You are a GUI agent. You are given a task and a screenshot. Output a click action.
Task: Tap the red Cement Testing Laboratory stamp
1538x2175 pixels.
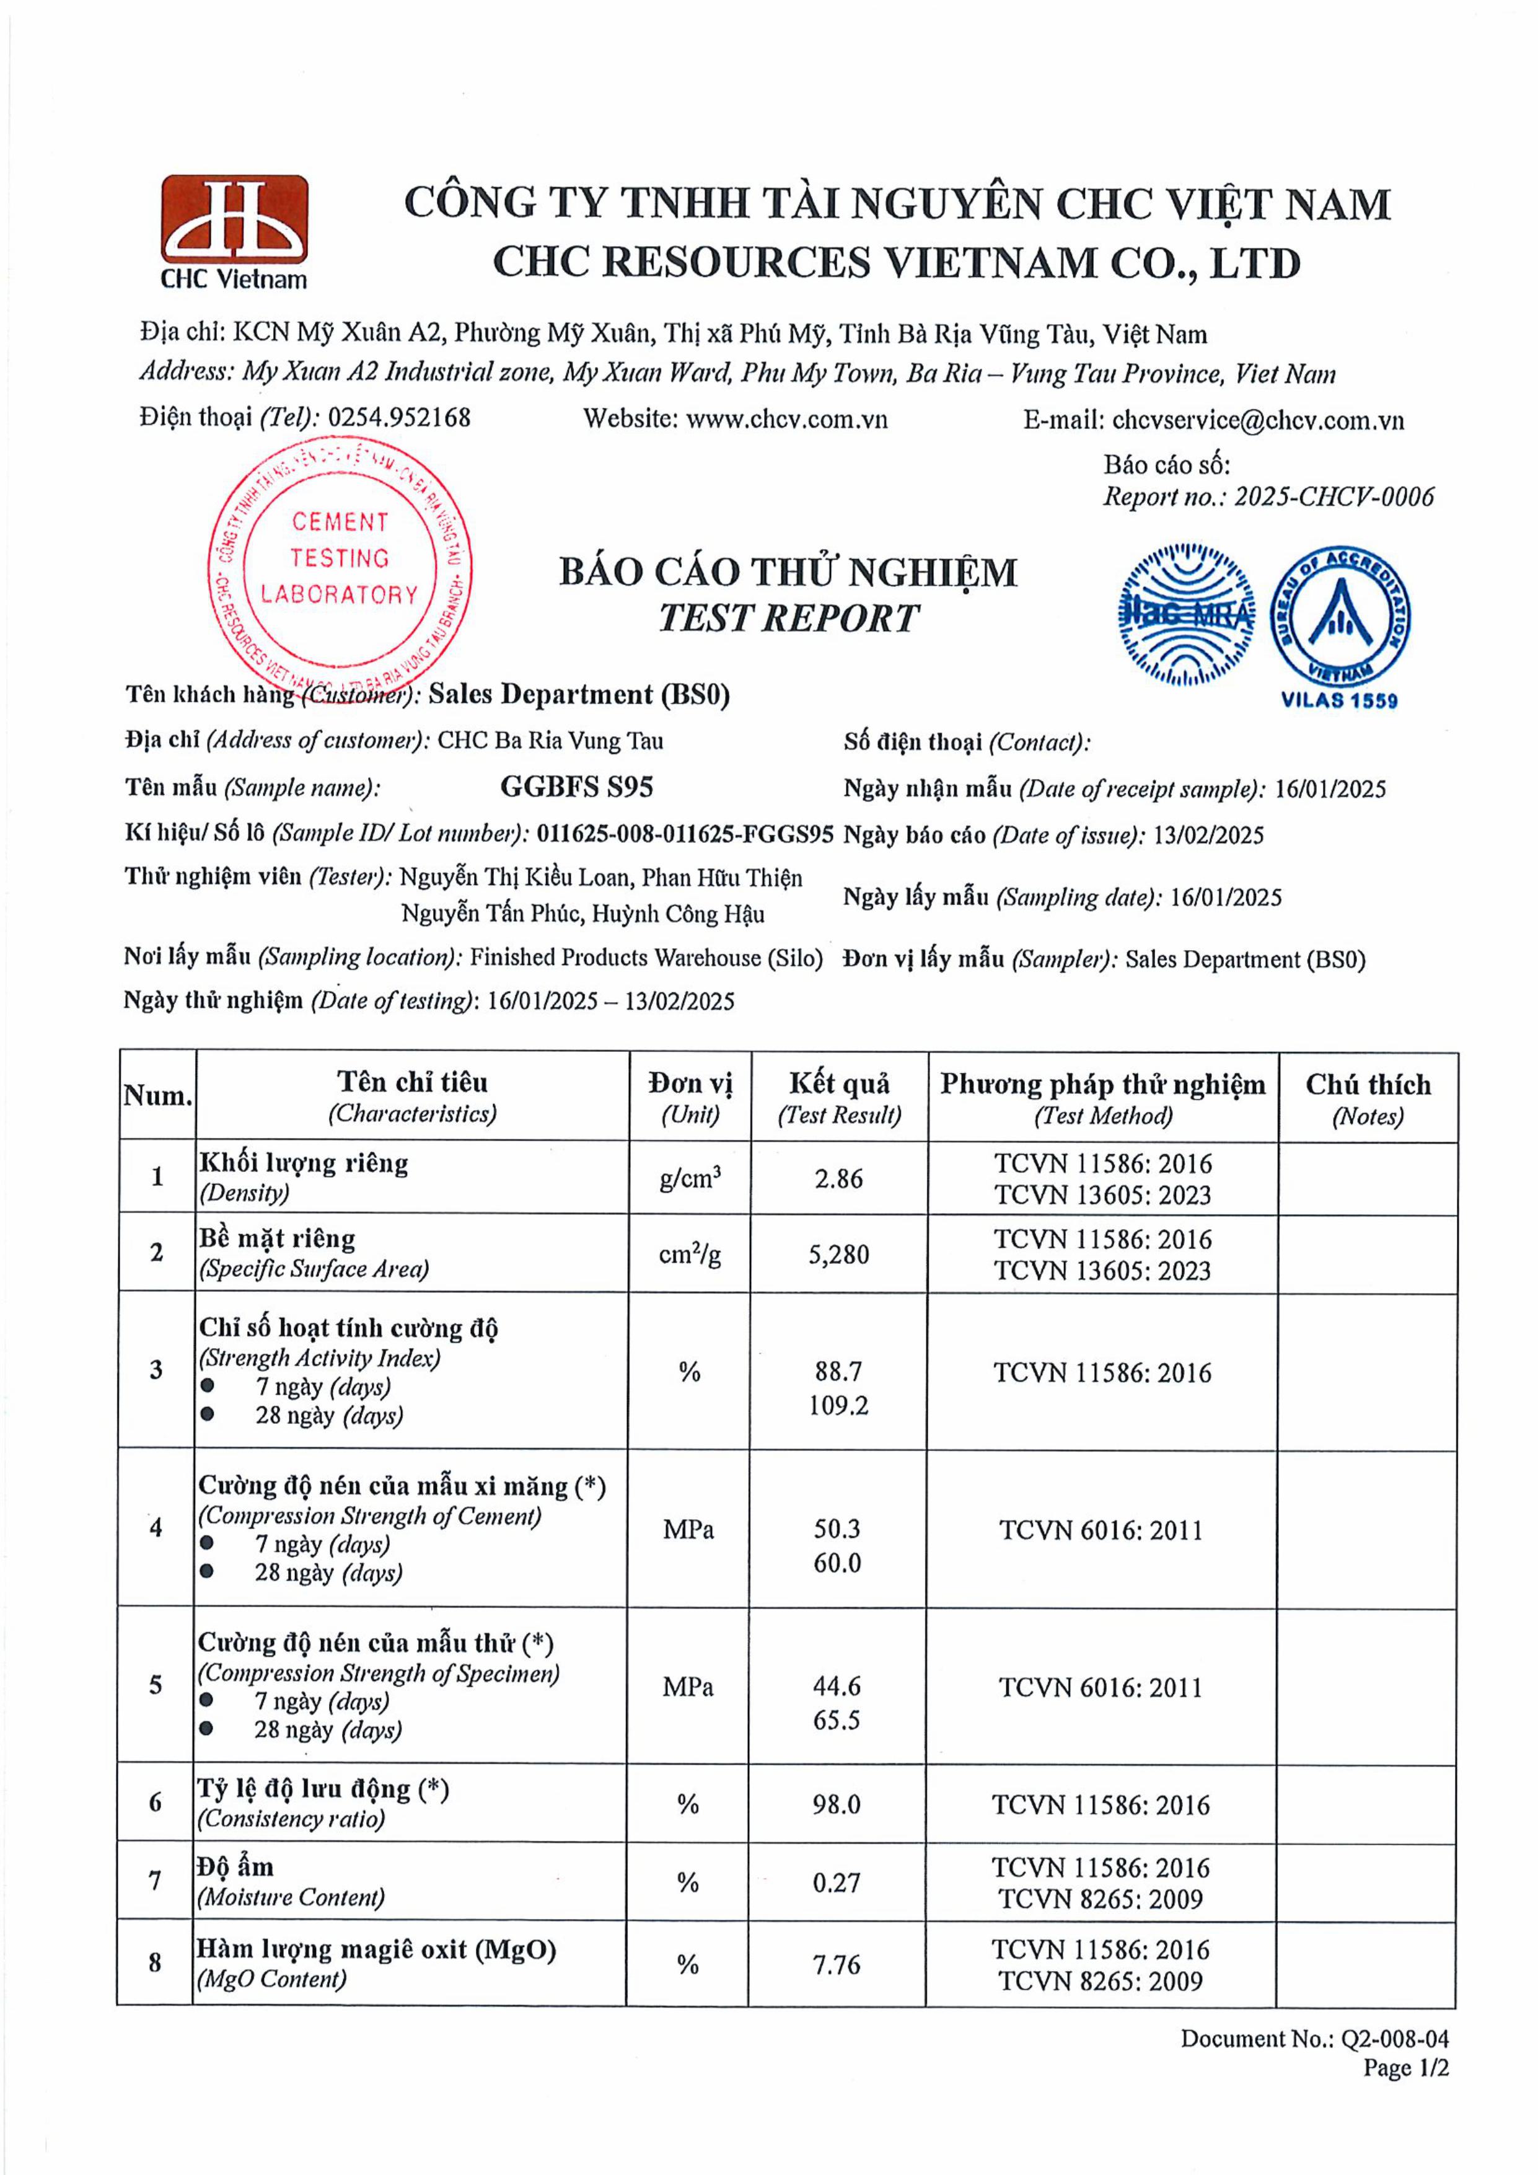[x=339, y=559]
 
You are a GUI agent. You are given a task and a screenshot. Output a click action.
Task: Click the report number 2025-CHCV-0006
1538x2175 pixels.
[x=1334, y=496]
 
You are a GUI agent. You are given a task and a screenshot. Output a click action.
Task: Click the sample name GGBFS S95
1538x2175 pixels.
[x=577, y=787]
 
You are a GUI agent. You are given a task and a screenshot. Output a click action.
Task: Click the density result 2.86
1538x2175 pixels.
[x=838, y=1178]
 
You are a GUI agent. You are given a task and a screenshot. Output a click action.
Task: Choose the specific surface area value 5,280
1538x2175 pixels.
[x=838, y=1254]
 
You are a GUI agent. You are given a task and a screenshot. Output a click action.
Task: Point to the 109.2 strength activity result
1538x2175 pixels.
[x=838, y=1405]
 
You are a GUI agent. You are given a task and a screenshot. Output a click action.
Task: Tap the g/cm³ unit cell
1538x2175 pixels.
[x=690, y=1178]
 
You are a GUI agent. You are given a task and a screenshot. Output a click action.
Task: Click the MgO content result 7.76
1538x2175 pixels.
[x=837, y=1965]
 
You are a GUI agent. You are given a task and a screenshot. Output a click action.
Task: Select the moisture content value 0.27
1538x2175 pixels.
[x=837, y=1882]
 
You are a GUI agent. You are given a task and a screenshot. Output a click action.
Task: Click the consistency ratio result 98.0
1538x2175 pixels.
[x=837, y=1804]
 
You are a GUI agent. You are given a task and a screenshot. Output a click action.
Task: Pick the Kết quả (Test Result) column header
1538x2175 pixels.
[x=839, y=1098]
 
